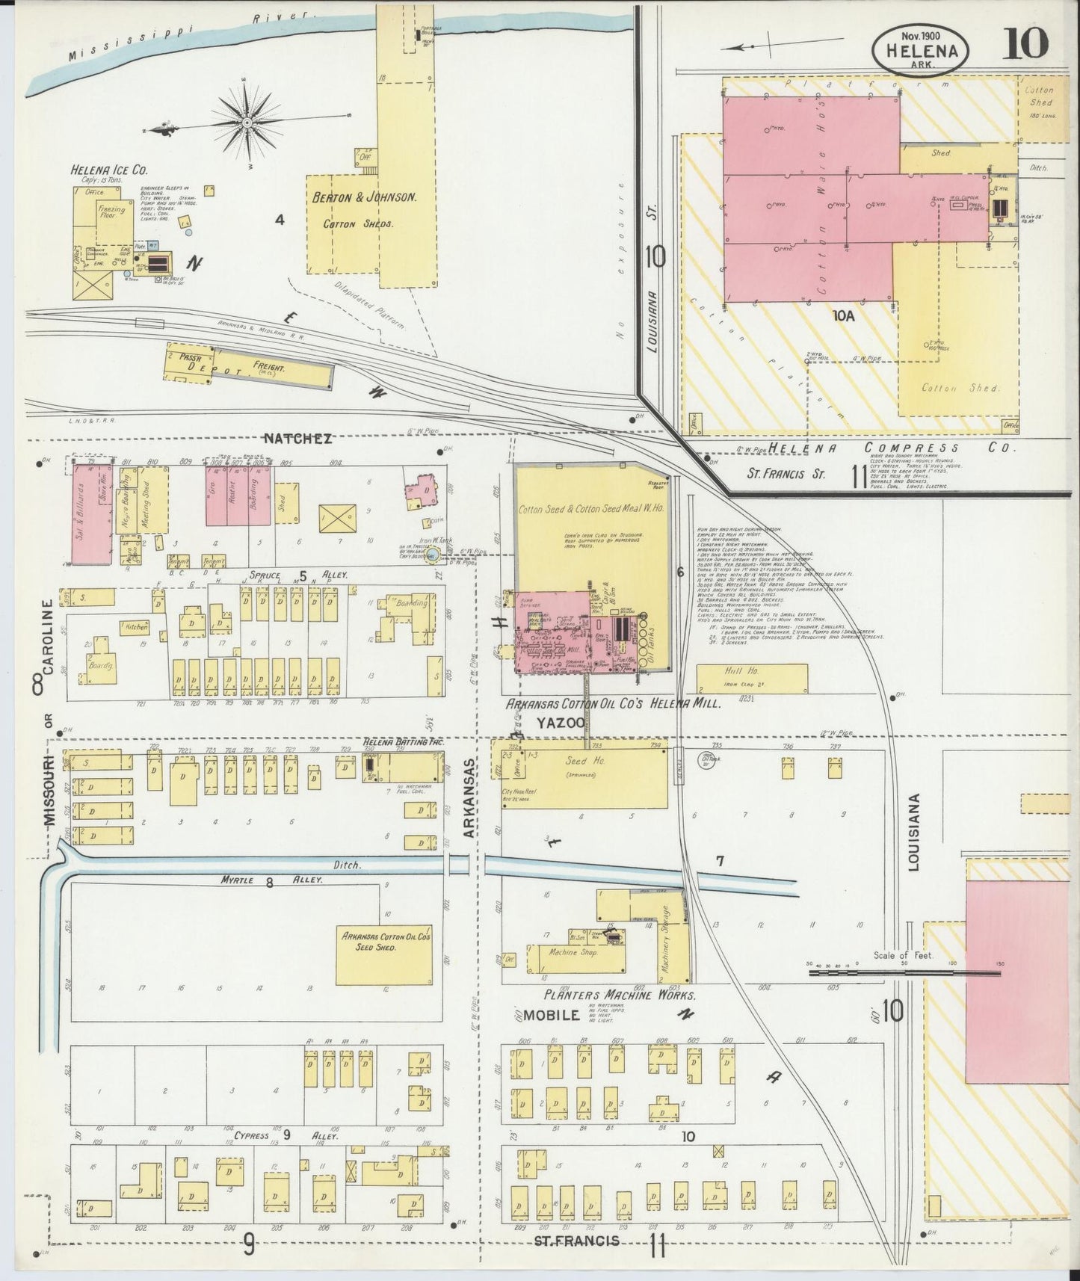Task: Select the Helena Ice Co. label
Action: click(x=108, y=170)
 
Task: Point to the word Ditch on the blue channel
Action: click(x=348, y=865)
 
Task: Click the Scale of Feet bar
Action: click(x=904, y=973)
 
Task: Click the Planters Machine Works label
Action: click(x=620, y=996)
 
